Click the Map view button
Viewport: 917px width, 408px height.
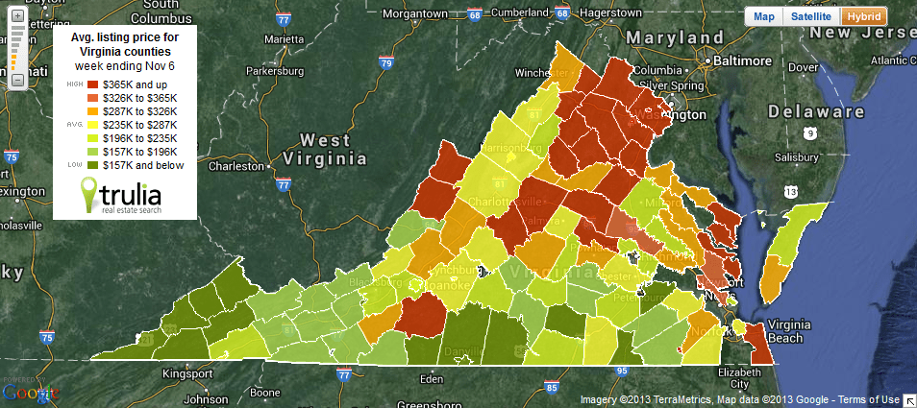coord(763,17)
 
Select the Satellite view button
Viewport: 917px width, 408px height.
coord(811,17)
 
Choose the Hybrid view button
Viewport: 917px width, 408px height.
coord(863,17)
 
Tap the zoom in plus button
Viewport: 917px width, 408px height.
coord(17,16)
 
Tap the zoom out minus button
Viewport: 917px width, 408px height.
coord(17,81)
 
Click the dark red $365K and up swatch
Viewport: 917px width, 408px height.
coord(93,84)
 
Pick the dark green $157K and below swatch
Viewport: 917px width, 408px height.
coord(93,165)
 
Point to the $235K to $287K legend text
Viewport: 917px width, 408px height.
coord(139,125)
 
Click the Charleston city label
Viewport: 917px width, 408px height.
coord(235,165)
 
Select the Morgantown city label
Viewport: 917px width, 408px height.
coord(416,14)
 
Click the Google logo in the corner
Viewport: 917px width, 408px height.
coord(30,391)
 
